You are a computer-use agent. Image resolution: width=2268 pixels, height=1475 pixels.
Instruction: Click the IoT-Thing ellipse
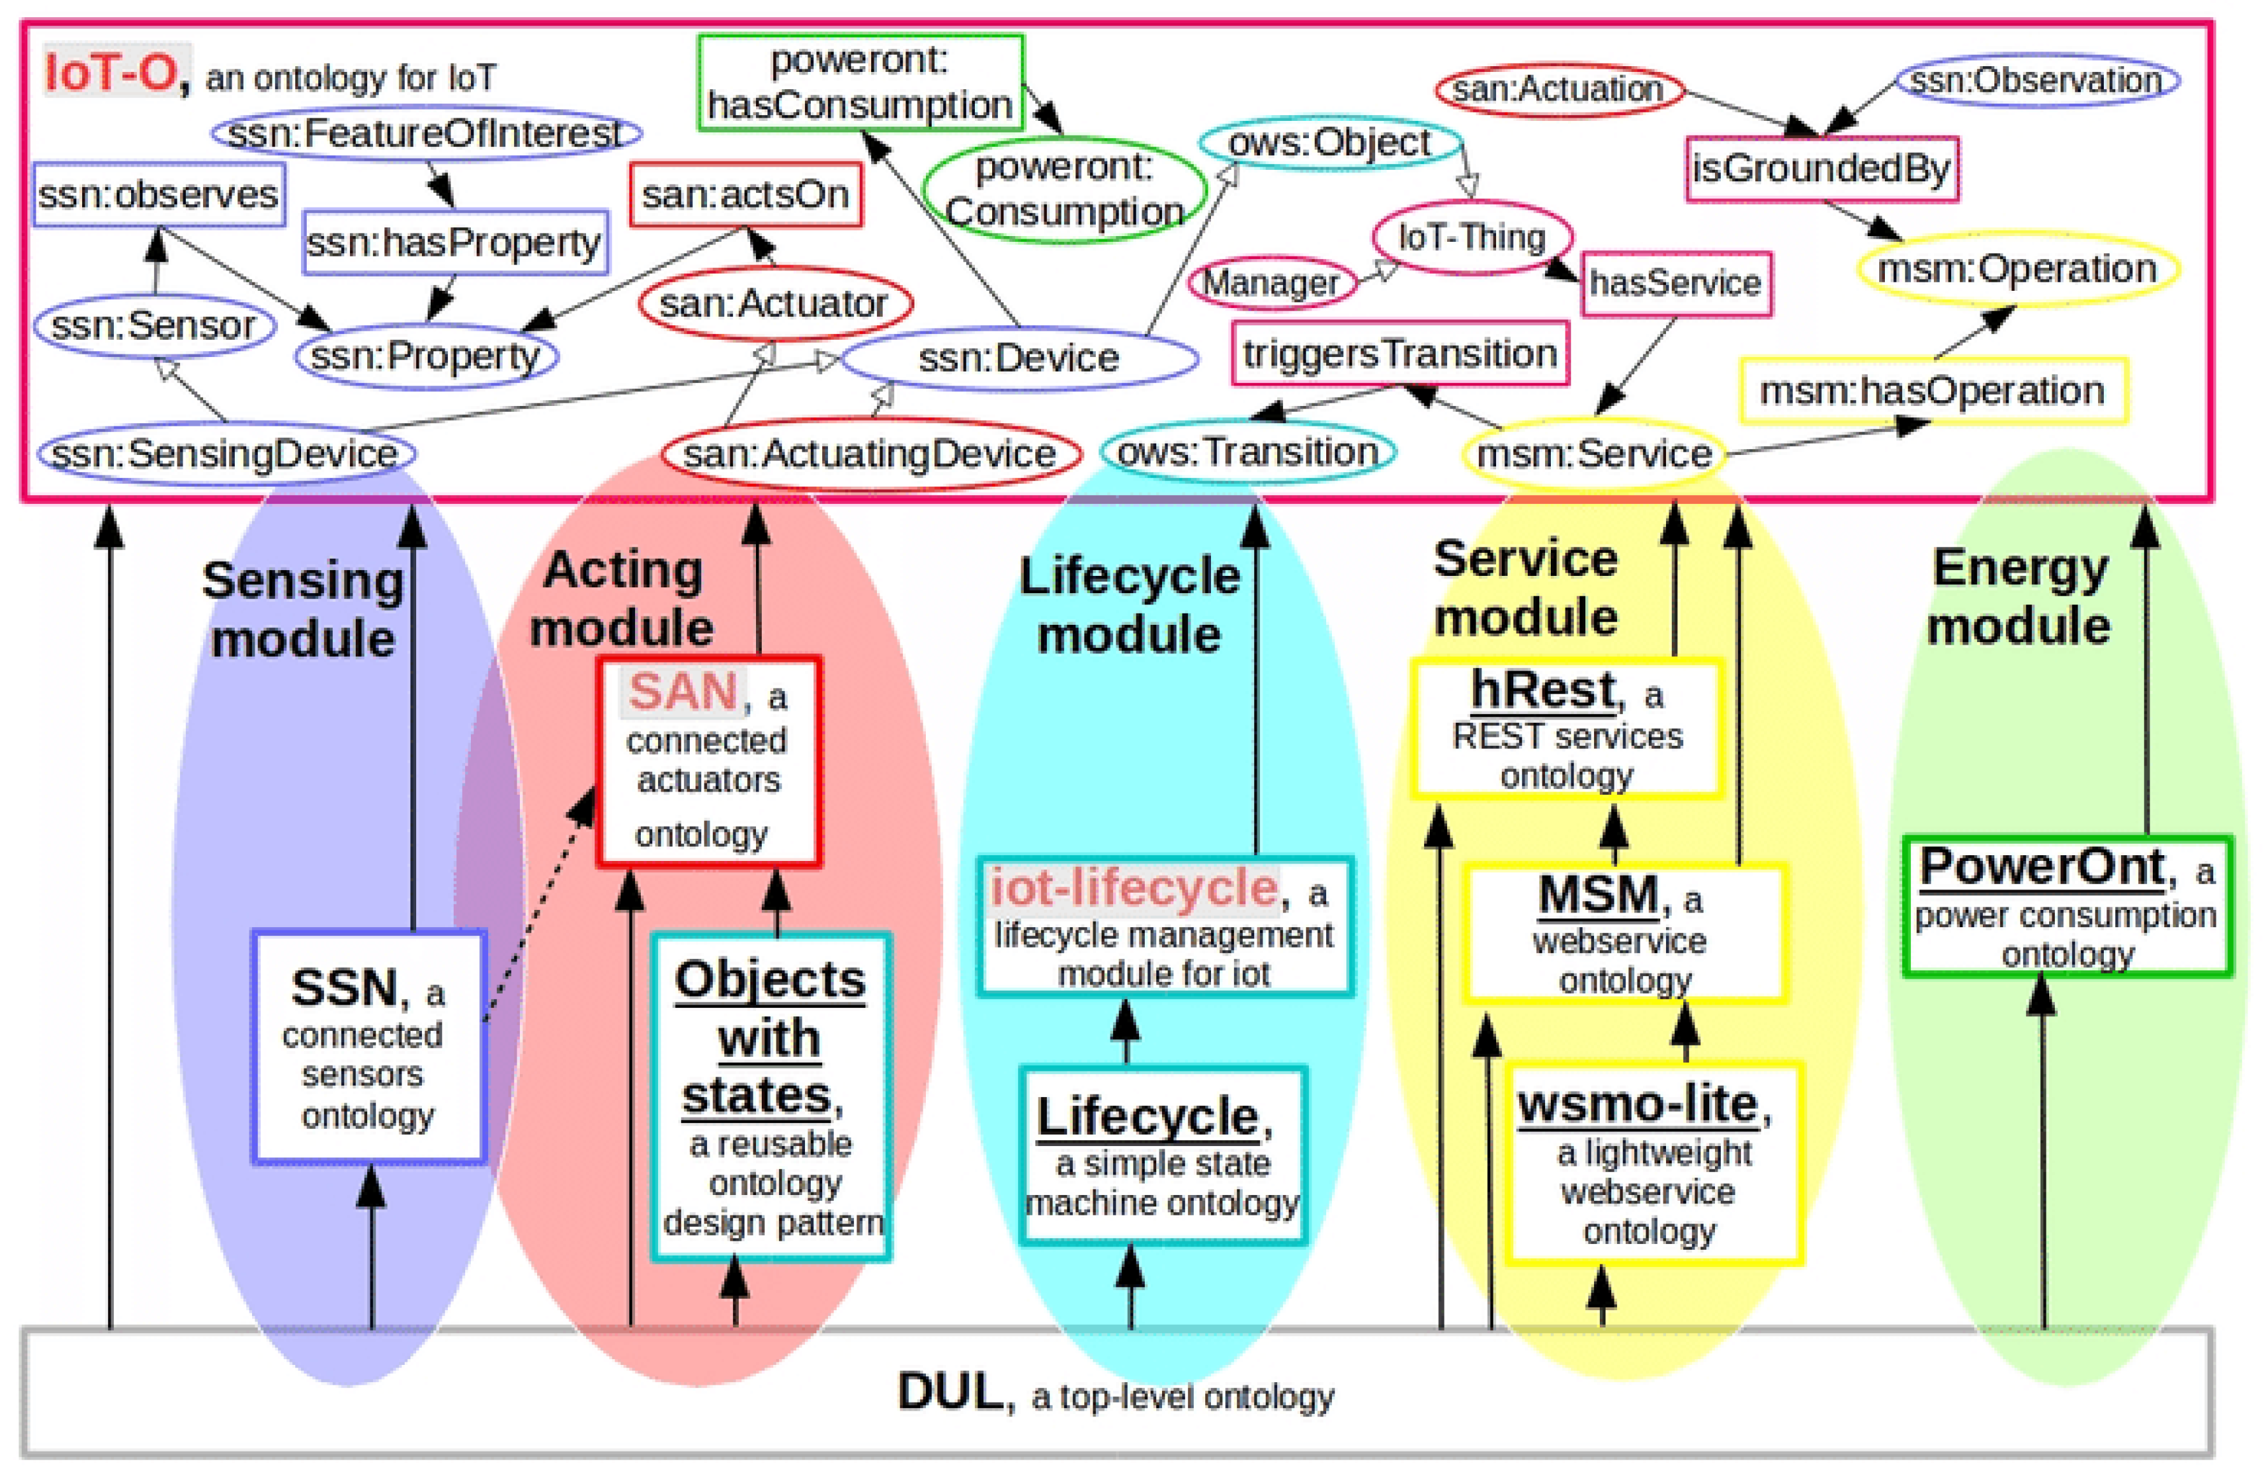(1471, 237)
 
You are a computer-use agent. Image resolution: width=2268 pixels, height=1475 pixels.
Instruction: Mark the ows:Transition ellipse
(1247, 452)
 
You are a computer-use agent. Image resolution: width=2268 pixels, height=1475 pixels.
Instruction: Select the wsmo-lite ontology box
(1653, 1164)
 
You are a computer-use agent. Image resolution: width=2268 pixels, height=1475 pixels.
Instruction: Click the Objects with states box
(770, 1096)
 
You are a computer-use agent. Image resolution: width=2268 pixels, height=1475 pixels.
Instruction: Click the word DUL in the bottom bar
(949, 1392)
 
